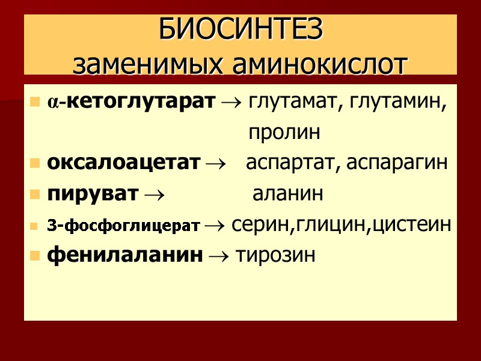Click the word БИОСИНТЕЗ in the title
click(240, 30)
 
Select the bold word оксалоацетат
click(123, 163)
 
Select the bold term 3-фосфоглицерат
click(123, 226)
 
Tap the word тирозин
click(276, 255)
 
